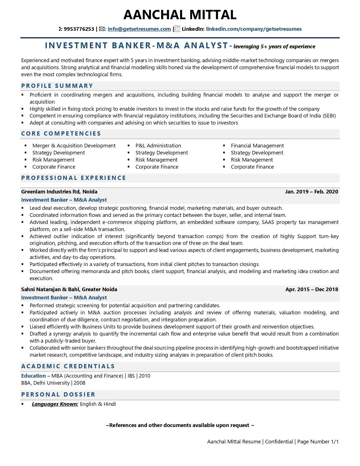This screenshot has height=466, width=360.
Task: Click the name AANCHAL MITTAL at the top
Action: (x=180, y=15)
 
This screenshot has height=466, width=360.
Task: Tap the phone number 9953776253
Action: (x=79, y=29)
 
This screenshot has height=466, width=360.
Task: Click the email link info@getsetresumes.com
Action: (x=139, y=29)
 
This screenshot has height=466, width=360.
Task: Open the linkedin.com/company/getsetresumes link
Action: (x=254, y=29)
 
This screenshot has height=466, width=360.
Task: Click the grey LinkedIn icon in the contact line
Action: (x=177, y=29)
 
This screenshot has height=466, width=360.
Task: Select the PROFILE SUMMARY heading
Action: (x=57, y=86)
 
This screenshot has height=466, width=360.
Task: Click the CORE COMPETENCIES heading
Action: (x=61, y=134)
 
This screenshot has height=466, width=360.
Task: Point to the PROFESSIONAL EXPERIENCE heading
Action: (x=74, y=178)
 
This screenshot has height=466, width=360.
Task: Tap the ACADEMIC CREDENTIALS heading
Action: (x=68, y=366)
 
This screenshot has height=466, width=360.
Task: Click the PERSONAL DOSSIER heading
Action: (x=58, y=395)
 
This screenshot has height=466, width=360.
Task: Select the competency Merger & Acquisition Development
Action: (x=74, y=146)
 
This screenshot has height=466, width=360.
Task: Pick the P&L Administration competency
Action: (x=158, y=146)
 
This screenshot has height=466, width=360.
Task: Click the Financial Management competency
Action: (x=257, y=146)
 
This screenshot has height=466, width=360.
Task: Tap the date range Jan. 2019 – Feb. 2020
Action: (x=311, y=192)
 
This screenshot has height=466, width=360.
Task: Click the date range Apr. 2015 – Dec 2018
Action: (x=312, y=289)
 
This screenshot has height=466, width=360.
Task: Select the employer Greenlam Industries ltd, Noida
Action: (x=59, y=192)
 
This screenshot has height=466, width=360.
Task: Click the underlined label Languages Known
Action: (x=55, y=404)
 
